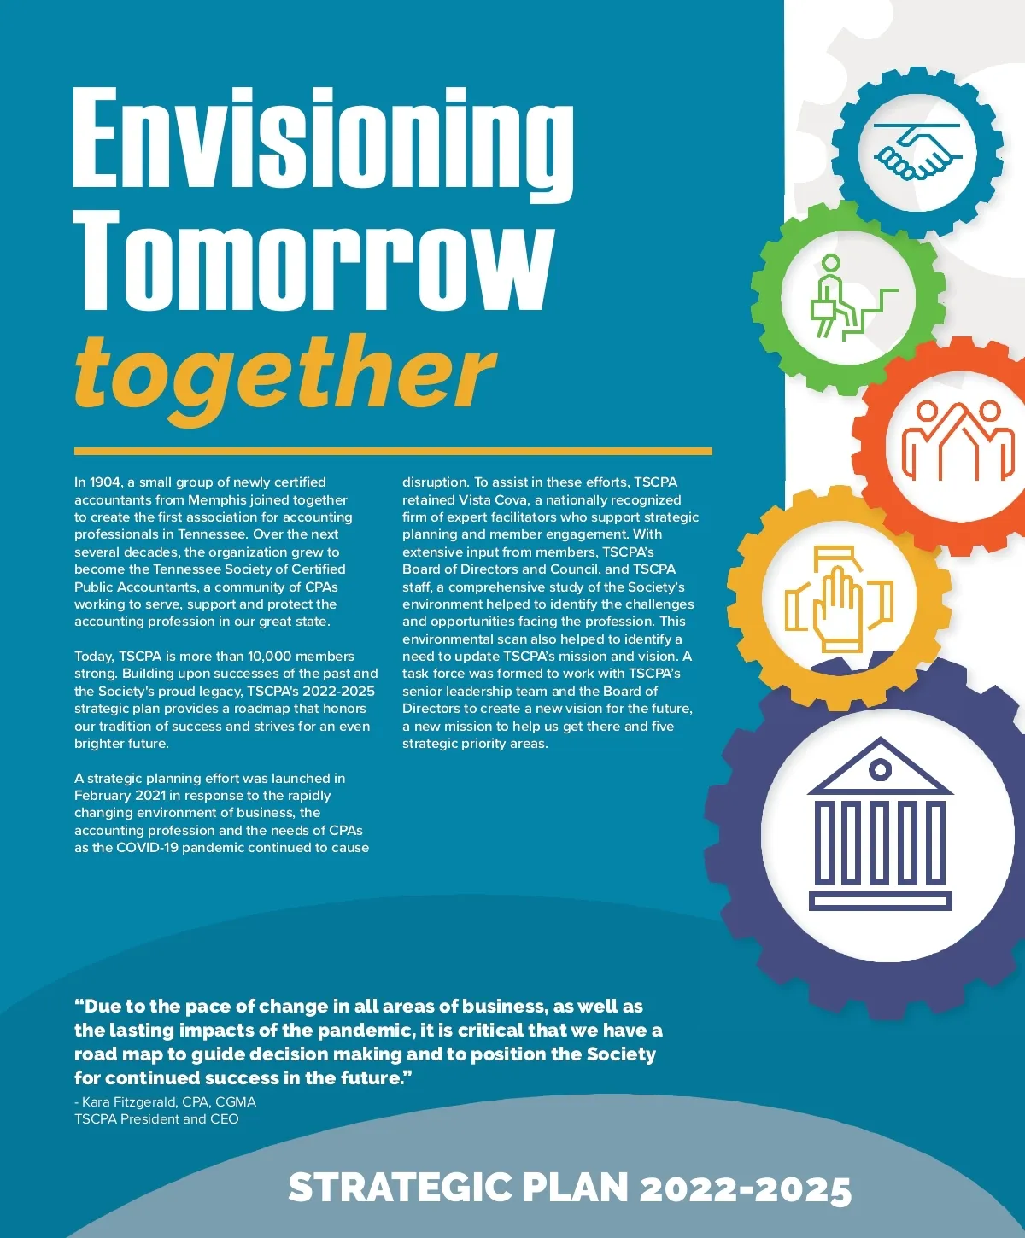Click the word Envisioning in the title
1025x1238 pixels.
click(x=323, y=141)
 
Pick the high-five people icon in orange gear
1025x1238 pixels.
click(x=958, y=440)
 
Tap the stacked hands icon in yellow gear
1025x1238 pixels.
click(x=839, y=599)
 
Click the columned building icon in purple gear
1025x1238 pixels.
click(x=880, y=824)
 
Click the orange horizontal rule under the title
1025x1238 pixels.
click(x=393, y=451)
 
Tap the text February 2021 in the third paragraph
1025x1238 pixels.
click(x=116, y=796)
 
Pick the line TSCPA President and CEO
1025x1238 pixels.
click(x=156, y=1119)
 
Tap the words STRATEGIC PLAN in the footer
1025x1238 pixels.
click(x=458, y=1188)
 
